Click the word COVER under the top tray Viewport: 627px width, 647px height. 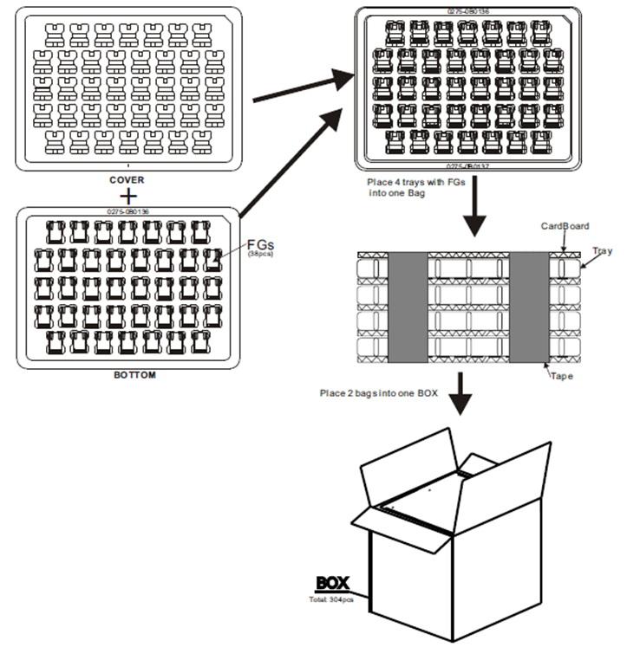coord(127,180)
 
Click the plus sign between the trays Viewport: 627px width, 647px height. coord(127,196)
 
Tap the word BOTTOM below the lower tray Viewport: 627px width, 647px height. coord(130,376)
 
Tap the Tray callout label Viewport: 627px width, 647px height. coord(603,251)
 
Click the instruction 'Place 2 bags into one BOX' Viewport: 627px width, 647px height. coord(377,395)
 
